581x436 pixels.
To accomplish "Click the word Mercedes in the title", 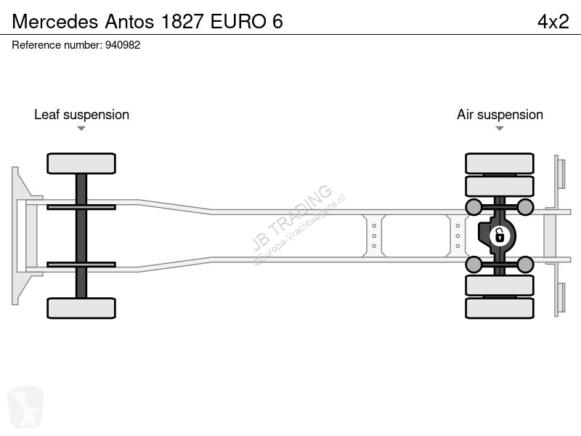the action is [x=55, y=22].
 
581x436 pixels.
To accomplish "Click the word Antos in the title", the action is [x=129, y=22].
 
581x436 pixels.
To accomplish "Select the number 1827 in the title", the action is [x=182, y=22].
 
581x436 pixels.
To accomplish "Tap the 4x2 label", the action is [x=553, y=22].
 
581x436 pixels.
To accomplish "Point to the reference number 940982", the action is [x=123, y=45].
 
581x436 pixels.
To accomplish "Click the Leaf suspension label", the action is [x=81, y=115].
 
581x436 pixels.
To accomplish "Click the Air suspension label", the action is [x=500, y=115].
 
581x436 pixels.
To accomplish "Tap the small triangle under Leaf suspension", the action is [x=81, y=129].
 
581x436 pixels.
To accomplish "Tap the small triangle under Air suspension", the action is [x=500, y=129].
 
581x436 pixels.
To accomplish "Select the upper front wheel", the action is [x=81, y=163].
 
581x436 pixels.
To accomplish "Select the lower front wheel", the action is [x=81, y=308].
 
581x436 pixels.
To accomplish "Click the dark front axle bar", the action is [x=81, y=235].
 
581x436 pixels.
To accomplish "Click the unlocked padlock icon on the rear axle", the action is [x=500, y=235].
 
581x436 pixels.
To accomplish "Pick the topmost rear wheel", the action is [x=500, y=163].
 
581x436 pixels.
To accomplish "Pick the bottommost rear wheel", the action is [x=500, y=308].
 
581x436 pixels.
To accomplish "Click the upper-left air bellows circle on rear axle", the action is [x=474, y=207].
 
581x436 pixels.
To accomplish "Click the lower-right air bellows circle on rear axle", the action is [x=525, y=265].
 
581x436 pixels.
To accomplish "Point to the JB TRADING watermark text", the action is [x=292, y=217].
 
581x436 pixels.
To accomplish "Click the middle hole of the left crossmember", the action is [x=374, y=235].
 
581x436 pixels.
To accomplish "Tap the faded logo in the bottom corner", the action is [x=25, y=407].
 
